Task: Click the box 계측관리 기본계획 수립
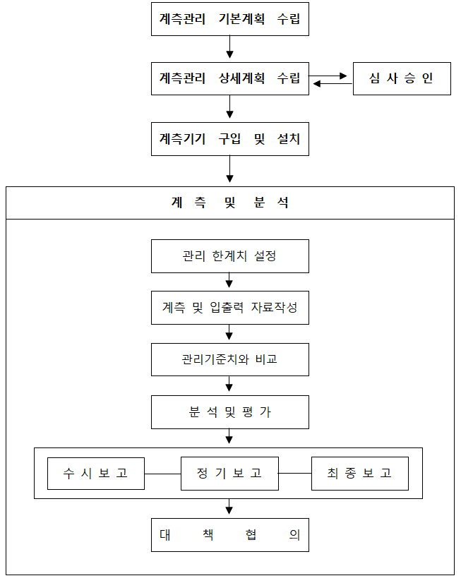(229, 19)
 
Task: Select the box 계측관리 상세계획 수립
(229, 78)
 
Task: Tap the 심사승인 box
(402, 78)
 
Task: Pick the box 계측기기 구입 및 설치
(229, 139)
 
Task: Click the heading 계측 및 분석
(229, 203)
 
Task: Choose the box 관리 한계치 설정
(229, 256)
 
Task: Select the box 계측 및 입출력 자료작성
(229, 308)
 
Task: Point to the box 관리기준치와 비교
(229, 359)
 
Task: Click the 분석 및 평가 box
(229, 412)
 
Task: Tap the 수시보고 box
(96, 474)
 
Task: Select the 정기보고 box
(229, 474)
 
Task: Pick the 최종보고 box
(360, 474)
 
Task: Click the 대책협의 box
(229, 535)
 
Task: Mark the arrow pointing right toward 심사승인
(328, 76)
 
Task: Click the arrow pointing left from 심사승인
(333, 84)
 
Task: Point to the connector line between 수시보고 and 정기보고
(162, 474)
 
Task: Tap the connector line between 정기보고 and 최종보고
(295, 474)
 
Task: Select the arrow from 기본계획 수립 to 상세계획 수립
(229, 47)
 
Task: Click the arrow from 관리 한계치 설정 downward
(229, 280)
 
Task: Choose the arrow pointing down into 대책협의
(229, 506)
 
